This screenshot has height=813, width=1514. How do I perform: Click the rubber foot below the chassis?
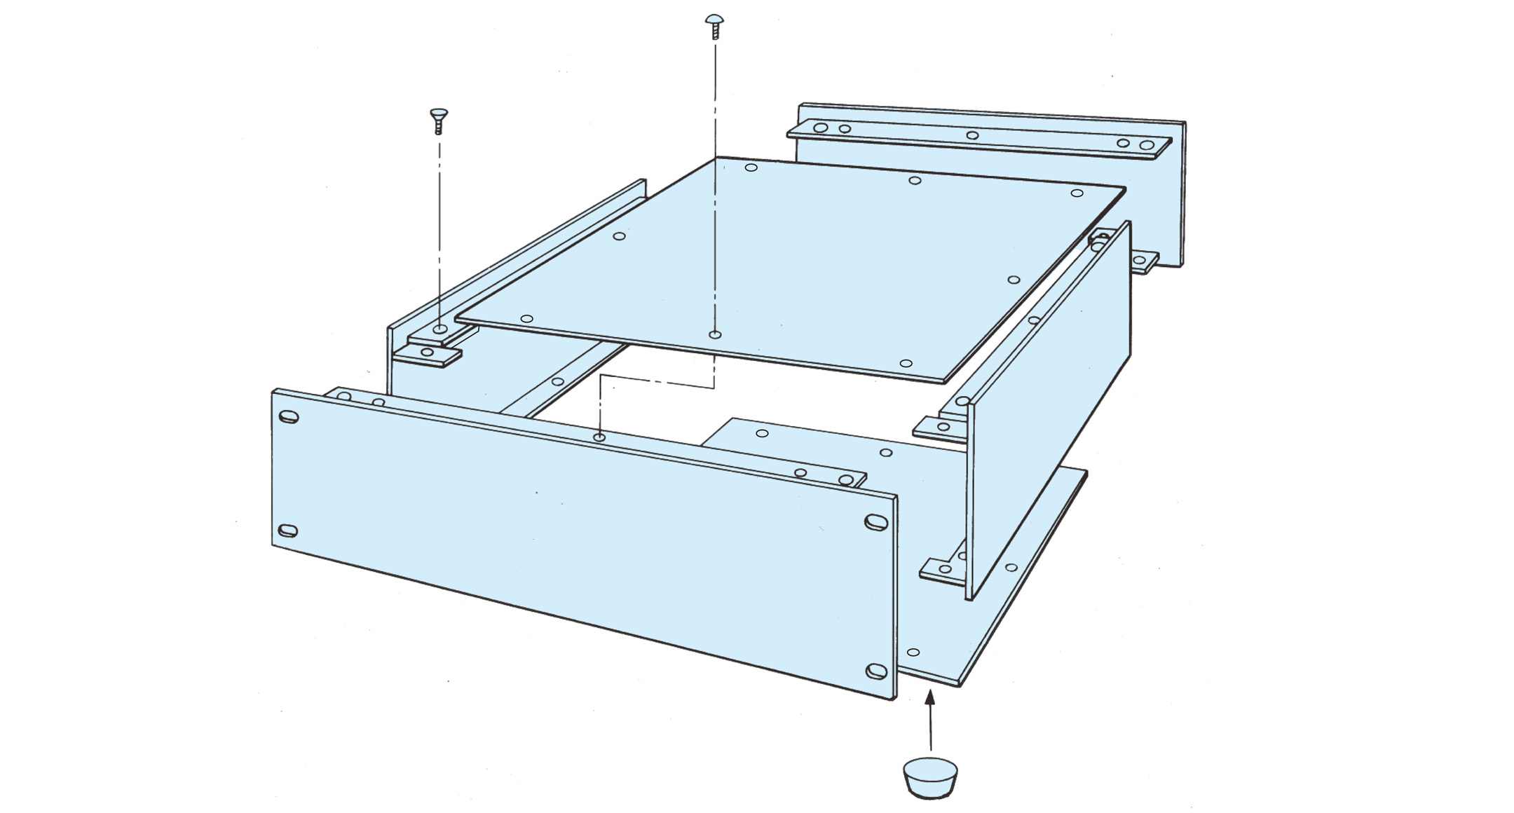point(930,778)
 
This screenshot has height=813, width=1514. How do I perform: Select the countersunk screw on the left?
point(439,120)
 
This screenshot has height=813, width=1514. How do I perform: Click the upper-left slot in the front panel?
point(288,418)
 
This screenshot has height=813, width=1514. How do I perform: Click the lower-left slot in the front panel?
point(287,530)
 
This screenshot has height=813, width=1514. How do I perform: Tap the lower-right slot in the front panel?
point(876,671)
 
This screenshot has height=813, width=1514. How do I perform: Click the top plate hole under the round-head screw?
point(714,334)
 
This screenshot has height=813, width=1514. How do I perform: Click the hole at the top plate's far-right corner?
point(1077,193)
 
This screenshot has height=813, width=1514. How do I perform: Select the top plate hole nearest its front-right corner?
point(906,364)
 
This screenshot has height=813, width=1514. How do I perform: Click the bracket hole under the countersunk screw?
point(439,329)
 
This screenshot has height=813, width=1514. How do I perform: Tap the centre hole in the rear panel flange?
point(971,135)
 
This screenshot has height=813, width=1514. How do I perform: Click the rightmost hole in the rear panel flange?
point(1147,146)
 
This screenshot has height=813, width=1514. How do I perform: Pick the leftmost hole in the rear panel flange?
point(821,128)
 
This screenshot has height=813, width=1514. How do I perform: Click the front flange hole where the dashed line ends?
point(599,437)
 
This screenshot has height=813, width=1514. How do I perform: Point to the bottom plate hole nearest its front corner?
point(913,652)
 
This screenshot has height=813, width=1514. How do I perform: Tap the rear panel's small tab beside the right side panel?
point(1143,262)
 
